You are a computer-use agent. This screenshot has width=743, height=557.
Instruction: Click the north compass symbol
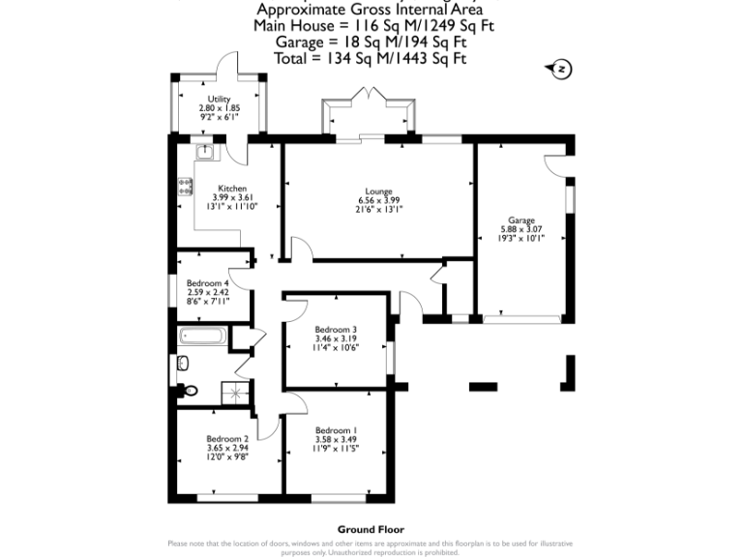560,69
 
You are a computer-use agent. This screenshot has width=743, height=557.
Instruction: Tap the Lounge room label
377,191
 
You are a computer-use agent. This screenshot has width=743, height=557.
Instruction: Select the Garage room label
521,220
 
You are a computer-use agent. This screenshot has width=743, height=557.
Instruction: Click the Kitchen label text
231,189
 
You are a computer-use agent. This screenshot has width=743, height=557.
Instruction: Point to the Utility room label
218,100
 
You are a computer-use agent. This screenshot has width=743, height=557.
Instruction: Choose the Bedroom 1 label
335,430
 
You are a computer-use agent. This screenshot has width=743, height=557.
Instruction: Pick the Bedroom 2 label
227,438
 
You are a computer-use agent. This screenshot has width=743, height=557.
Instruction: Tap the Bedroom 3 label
336,330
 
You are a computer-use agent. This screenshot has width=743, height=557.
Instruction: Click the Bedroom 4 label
207,283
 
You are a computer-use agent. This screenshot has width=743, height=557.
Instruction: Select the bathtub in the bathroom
202,337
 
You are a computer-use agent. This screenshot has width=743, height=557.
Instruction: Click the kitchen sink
205,152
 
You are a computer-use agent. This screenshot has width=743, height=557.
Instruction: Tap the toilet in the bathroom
191,391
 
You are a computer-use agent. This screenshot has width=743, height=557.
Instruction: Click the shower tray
234,392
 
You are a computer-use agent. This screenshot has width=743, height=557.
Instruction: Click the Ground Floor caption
371,529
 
